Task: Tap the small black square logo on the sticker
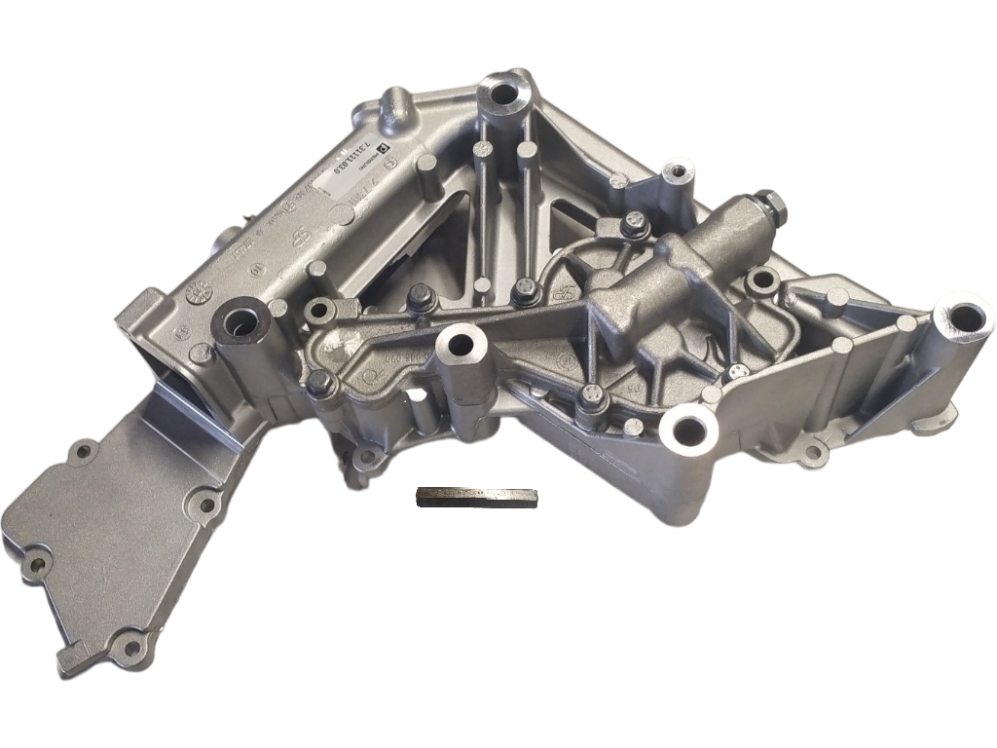click(384, 148)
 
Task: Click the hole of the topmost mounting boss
click(504, 95)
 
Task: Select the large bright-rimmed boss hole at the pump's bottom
click(688, 429)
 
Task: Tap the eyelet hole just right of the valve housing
click(760, 282)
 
